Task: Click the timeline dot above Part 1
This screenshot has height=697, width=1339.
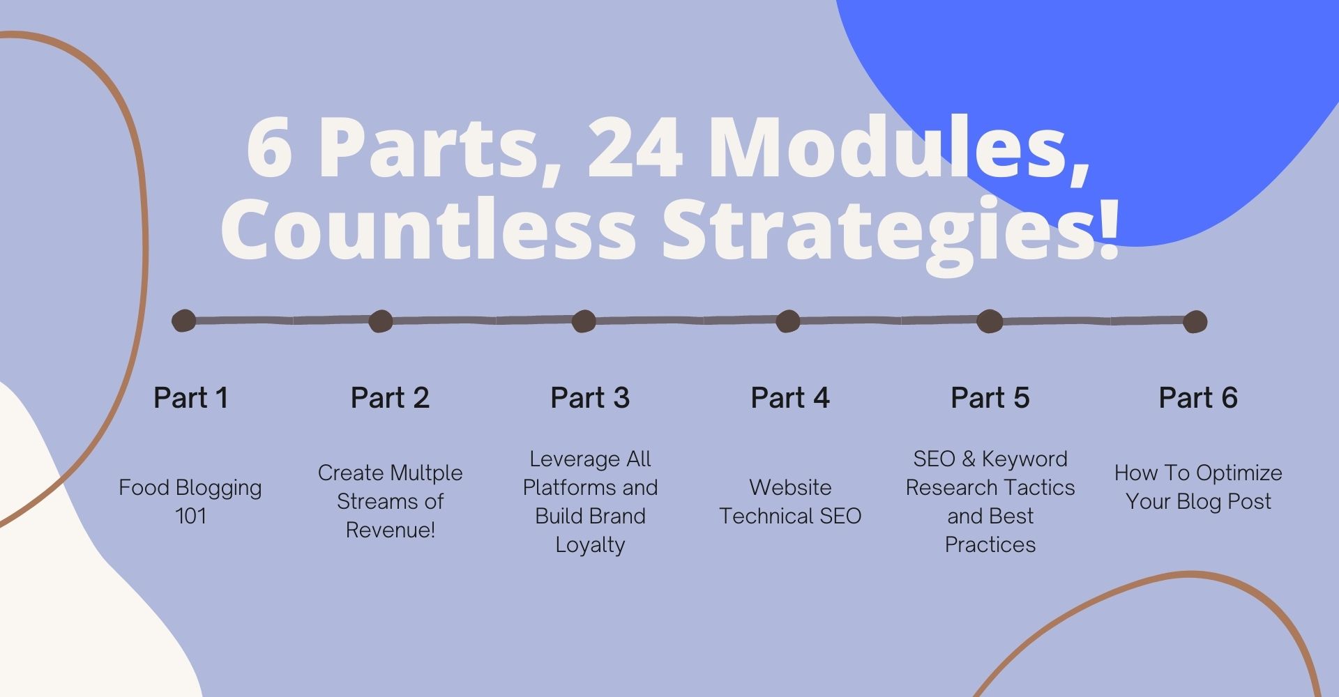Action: click(184, 321)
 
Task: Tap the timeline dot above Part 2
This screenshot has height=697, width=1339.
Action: click(381, 321)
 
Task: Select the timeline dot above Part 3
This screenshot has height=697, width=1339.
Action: click(584, 321)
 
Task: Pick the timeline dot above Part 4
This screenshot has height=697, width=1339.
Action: click(788, 321)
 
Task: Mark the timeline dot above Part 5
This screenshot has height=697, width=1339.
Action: click(990, 321)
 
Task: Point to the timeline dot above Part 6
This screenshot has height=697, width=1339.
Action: click(1195, 321)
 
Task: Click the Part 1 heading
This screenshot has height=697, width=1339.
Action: click(190, 398)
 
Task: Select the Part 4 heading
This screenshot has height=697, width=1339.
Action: click(790, 398)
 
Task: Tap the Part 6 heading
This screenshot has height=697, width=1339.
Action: click(1198, 398)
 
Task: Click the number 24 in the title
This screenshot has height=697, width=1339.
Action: click(635, 148)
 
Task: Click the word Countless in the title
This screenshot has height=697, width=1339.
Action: click(428, 229)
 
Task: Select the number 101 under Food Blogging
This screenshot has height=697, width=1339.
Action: click(190, 516)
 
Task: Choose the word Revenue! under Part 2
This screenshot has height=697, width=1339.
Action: click(391, 530)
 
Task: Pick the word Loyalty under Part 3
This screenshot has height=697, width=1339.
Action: click(590, 546)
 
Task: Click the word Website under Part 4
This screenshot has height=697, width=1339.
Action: click(790, 488)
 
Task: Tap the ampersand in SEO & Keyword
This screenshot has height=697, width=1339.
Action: click(968, 459)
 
